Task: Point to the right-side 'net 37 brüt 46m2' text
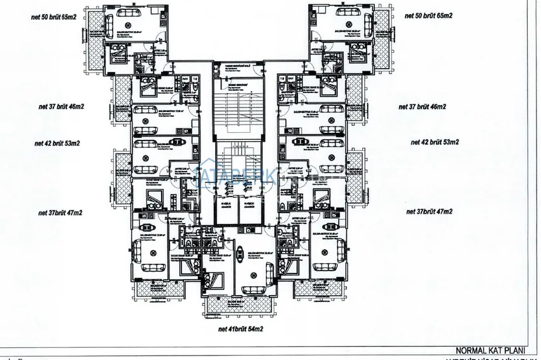[x=423, y=106]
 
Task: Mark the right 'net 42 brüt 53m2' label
[x=435, y=142]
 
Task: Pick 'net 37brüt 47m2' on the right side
[x=430, y=211]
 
